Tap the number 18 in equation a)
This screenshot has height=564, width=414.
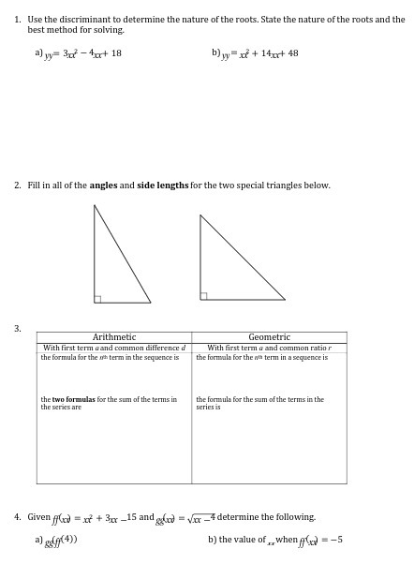click(x=115, y=53)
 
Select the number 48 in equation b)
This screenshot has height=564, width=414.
click(x=292, y=53)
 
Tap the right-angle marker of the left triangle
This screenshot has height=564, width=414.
click(x=97, y=299)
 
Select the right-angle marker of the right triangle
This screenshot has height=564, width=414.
click(x=204, y=296)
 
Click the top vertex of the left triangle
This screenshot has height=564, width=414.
click(x=95, y=206)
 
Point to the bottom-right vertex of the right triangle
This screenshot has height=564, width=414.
click(x=285, y=300)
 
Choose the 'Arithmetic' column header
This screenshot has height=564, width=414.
click(x=114, y=337)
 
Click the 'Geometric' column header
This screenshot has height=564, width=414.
click(x=269, y=337)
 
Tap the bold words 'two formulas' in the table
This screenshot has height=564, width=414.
click(x=69, y=399)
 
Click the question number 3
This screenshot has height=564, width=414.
click(x=17, y=328)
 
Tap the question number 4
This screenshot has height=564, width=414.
click(x=17, y=517)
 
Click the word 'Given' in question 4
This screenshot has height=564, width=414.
click(x=38, y=517)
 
